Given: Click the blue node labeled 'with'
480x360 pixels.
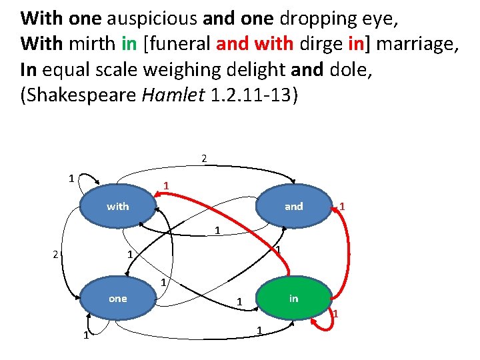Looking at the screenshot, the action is tap(118, 207).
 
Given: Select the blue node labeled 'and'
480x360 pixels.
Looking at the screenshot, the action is tap(293, 207).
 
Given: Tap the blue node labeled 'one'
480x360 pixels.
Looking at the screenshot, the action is tap(118, 299).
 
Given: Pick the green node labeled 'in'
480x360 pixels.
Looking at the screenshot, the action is tap(293, 299).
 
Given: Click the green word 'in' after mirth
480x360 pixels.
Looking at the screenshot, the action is tap(129, 45).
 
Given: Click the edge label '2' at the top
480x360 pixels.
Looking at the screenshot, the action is tap(204, 159).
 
